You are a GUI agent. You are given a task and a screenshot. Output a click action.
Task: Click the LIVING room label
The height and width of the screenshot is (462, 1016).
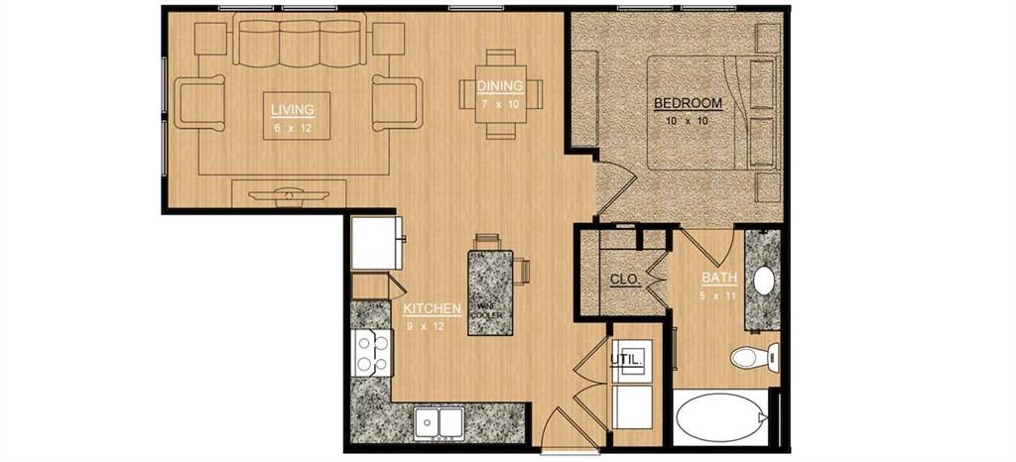[294, 109]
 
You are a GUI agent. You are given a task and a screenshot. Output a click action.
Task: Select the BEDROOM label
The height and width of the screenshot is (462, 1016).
[687, 103]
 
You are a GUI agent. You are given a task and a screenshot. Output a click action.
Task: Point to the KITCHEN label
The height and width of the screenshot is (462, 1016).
[432, 309]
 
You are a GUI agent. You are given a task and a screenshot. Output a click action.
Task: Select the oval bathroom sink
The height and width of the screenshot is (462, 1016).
[764, 281]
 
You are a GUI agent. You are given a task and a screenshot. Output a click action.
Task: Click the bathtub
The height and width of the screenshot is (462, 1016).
[722, 419]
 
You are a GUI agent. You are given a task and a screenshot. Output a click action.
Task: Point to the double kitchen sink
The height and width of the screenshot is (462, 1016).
[437, 423]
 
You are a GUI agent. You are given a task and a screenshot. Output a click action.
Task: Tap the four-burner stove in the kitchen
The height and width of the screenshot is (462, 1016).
[372, 352]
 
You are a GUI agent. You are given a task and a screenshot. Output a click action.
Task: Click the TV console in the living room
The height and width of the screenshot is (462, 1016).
[290, 192]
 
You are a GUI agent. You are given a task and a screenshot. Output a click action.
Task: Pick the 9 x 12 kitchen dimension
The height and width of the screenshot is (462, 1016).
[426, 325]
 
